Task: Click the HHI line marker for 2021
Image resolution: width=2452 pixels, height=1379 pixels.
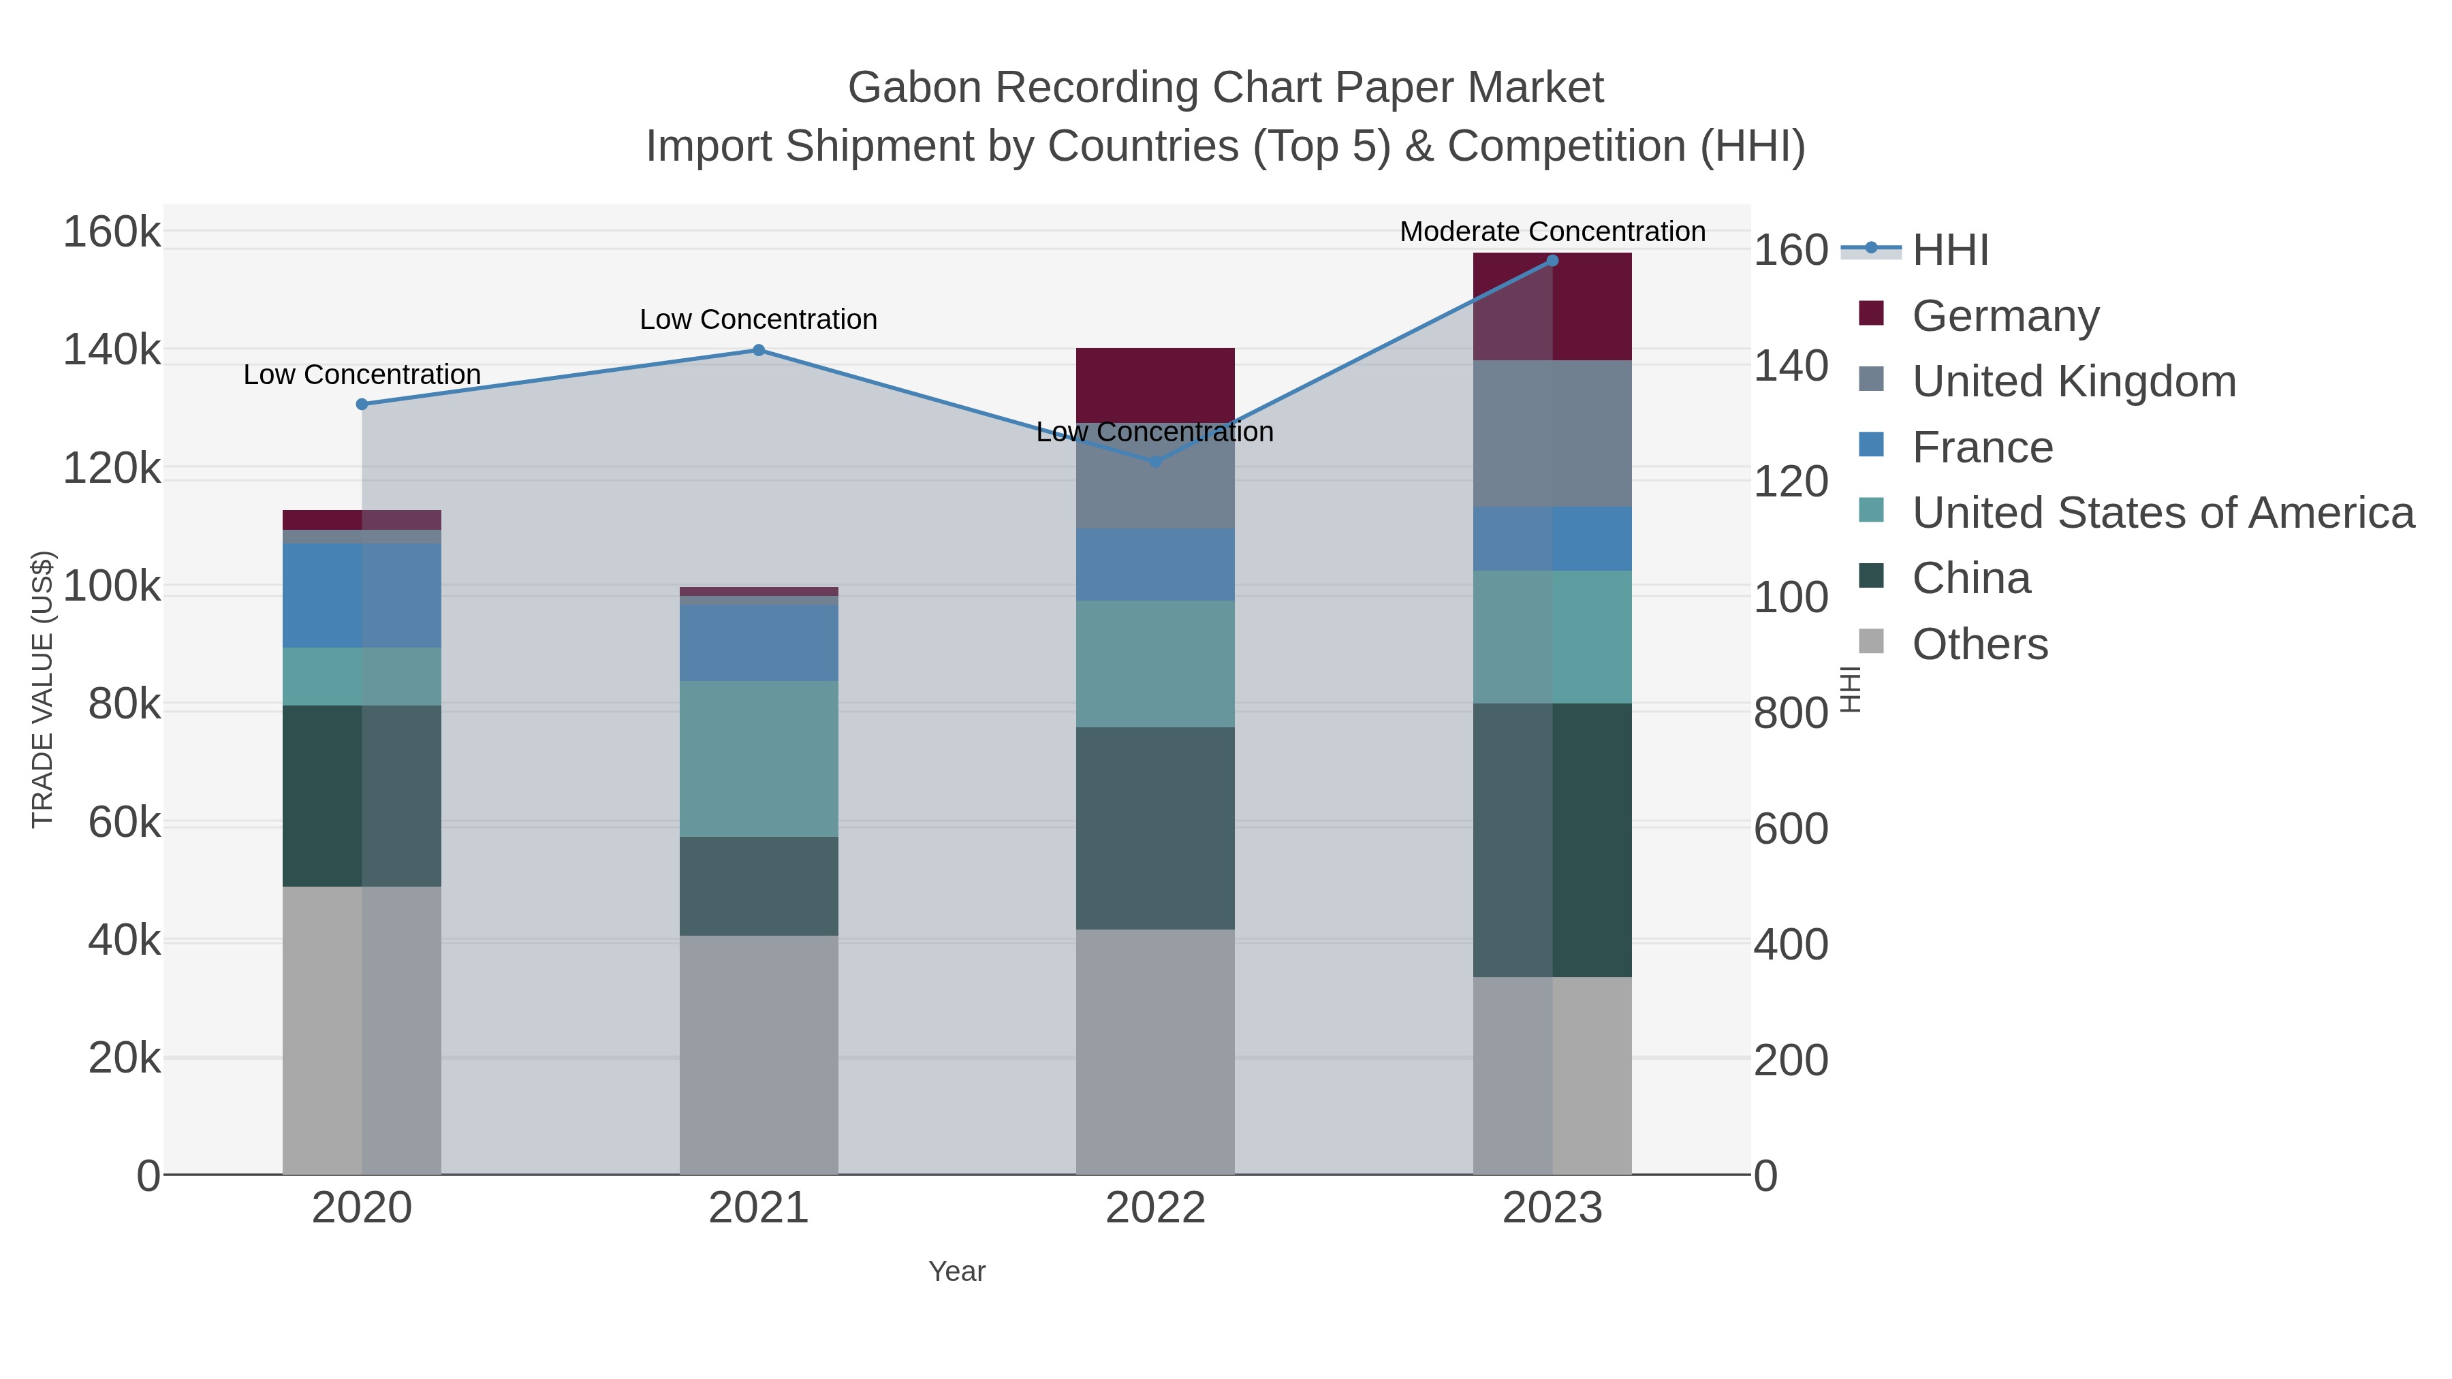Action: click(759, 350)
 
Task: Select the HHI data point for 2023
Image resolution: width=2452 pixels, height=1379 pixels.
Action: click(1552, 261)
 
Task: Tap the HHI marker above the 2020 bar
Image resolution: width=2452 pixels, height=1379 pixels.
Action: click(362, 405)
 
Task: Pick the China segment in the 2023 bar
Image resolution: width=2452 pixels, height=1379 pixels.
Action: click(1552, 840)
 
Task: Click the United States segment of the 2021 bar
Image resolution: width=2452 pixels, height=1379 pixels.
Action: click(759, 759)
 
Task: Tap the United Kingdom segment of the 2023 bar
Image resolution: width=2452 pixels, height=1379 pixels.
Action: click(1552, 433)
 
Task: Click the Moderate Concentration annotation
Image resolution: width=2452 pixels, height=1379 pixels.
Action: click(1552, 232)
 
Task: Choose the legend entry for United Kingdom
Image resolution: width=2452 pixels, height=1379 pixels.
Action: click(2073, 381)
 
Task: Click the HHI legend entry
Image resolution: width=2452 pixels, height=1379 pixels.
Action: click(1949, 251)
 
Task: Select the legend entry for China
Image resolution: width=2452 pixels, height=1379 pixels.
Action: click(1970, 579)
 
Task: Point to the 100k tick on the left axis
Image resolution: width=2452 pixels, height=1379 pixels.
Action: click(112, 587)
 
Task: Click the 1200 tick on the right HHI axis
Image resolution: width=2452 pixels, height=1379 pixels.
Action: click(1791, 483)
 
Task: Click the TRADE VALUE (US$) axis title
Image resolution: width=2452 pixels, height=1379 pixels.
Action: click(43, 689)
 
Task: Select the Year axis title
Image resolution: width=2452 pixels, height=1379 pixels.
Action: click(957, 1271)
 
